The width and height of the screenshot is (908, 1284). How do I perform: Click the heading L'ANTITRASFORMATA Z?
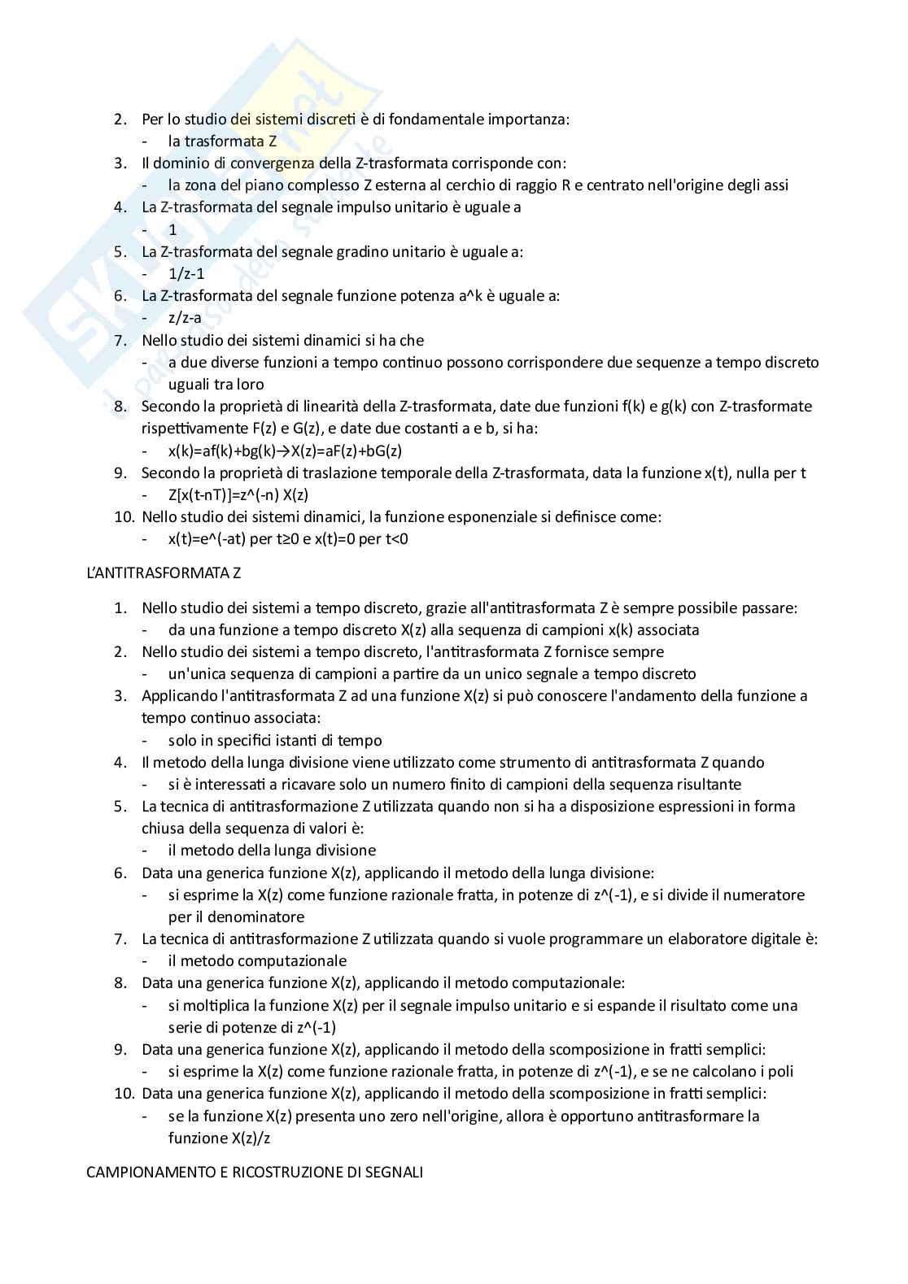(164, 572)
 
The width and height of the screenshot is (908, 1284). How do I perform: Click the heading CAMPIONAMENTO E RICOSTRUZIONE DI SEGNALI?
(255, 1173)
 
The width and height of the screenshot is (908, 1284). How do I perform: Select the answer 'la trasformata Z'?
(222, 141)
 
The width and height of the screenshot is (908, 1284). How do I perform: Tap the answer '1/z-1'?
(186, 273)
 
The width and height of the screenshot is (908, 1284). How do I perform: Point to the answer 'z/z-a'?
(185, 318)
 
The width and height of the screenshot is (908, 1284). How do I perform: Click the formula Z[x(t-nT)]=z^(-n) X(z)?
(238, 494)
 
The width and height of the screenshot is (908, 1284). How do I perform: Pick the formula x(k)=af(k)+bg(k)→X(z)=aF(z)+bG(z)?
(285, 450)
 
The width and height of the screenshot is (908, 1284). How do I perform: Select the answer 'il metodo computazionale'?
(257, 960)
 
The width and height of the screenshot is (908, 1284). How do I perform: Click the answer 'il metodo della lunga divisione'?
(272, 850)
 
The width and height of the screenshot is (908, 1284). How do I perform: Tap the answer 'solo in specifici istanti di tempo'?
(275, 740)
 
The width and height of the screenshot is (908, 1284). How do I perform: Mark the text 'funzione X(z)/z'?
(220, 1138)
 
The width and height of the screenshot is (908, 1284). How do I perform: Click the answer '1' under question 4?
(172, 229)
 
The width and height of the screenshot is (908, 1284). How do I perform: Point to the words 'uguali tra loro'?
(216, 384)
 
